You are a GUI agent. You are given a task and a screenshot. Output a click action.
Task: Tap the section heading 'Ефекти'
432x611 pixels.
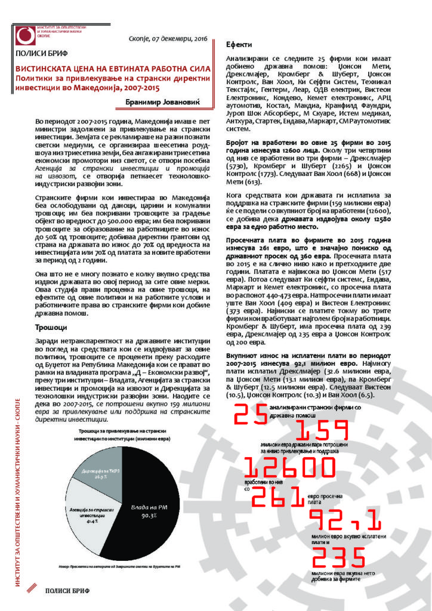pyautogui.click(x=239, y=45)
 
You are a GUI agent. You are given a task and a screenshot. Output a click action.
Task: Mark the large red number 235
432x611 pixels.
pyautogui.click(x=338, y=557)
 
